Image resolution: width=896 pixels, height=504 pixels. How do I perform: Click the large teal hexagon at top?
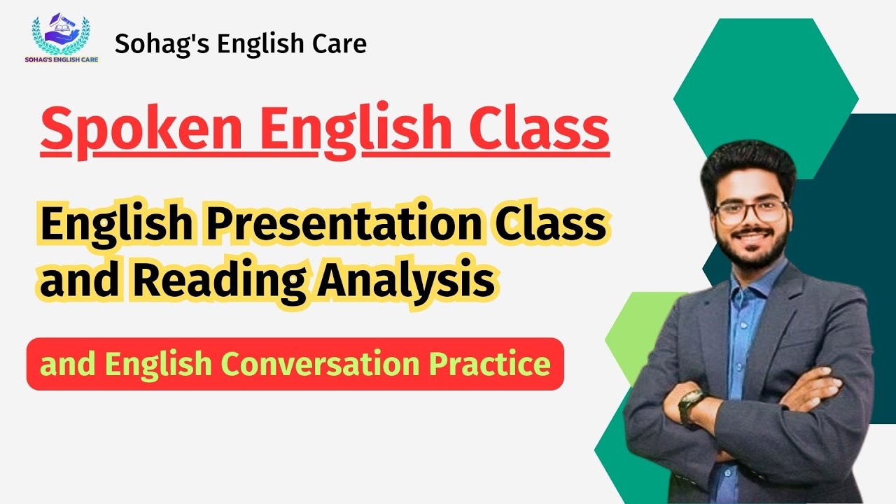coord(766,91)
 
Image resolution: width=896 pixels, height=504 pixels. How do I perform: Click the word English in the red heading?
coord(356,129)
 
